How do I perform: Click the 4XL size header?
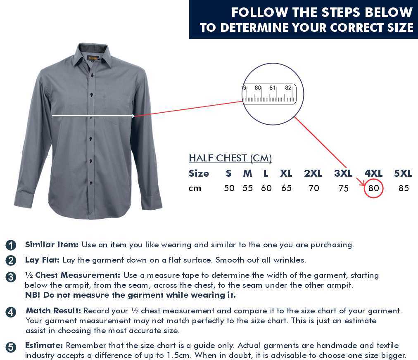(373, 173)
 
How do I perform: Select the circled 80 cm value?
(373, 188)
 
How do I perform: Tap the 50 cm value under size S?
(229, 188)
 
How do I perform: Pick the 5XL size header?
(404, 173)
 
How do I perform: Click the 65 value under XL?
(286, 188)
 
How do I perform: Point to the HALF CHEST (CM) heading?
(230, 158)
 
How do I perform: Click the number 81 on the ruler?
(273, 88)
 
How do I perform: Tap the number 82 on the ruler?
(288, 88)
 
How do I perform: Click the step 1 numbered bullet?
(11, 245)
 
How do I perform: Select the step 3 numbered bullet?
(11, 277)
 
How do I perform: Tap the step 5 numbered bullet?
(11, 348)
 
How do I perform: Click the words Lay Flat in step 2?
(42, 260)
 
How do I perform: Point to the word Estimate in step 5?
(44, 346)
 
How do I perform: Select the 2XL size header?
(313, 173)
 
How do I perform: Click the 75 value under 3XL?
(344, 188)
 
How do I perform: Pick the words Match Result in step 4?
(53, 311)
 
